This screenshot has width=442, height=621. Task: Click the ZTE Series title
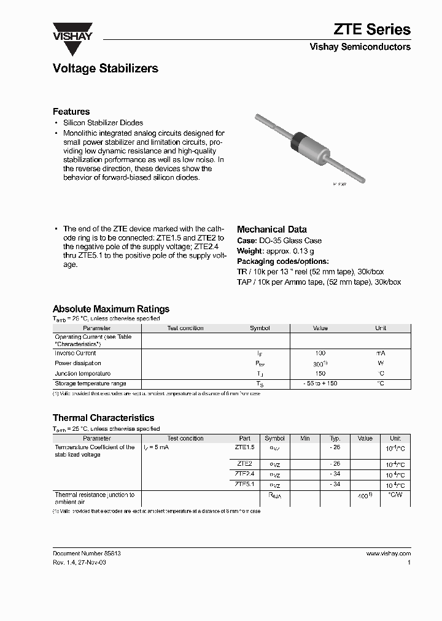tap(371, 29)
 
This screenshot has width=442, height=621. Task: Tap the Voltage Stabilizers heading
tap(105, 68)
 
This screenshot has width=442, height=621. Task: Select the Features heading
tap(71, 112)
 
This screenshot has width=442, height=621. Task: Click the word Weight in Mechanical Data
tap(250, 251)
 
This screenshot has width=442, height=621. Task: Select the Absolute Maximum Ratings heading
tap(110, 309)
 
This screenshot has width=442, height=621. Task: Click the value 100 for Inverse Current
tap(320, 353)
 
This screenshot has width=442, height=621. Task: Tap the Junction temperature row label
tap(82, 373)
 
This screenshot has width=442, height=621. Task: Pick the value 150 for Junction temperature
tap(320, 373)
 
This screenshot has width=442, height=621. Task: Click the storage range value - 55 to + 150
tap(320, 384)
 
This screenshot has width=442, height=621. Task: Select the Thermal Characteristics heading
tap(103, 418)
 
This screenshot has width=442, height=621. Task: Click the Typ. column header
tap(335, 439)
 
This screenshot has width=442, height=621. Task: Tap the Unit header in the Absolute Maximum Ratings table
tap(381, 328)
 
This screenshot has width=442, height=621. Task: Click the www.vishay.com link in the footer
tap(388, 553)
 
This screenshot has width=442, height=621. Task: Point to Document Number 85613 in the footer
tap(87, 553)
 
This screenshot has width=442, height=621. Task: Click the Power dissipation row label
tap(78, 363)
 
